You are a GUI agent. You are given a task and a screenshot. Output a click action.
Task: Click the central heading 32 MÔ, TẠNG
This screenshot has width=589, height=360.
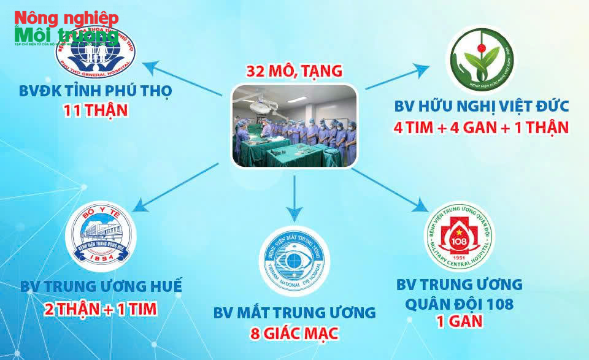(x=294, y=71)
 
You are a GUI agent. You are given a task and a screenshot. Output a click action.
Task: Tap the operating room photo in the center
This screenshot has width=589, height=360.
(x=294, y=126)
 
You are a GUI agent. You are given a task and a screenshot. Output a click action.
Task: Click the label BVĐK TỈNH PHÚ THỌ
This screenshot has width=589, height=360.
(x=94, y=91)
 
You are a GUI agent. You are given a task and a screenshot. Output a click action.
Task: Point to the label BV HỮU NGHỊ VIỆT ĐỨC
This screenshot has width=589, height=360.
(x=481, y=106)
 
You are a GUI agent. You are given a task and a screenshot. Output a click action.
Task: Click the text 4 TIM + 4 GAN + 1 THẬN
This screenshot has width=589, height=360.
(x=481, y=128)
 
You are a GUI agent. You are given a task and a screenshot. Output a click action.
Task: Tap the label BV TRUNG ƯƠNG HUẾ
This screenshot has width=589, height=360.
(x=101, y=286)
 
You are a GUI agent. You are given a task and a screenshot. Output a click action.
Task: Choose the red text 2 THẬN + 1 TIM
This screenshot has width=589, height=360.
(x=101, y=308)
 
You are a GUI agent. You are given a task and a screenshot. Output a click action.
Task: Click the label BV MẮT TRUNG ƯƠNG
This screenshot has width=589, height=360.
(x=294, y=313)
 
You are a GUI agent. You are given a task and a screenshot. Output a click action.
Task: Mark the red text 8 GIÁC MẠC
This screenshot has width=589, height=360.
(x=294, y=335)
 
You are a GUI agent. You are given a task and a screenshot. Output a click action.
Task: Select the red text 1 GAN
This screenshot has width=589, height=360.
(x=460, y=321)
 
